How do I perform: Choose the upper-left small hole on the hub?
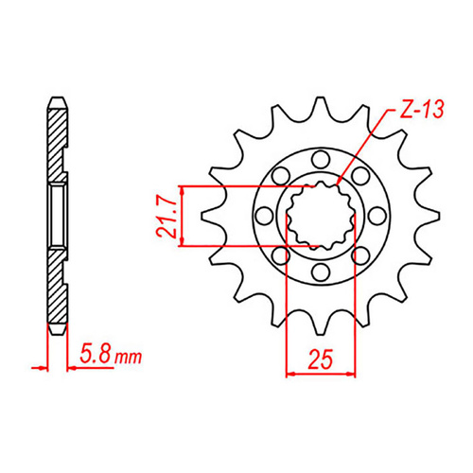tap(279, 174)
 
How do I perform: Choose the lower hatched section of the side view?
tap(57, 293)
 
